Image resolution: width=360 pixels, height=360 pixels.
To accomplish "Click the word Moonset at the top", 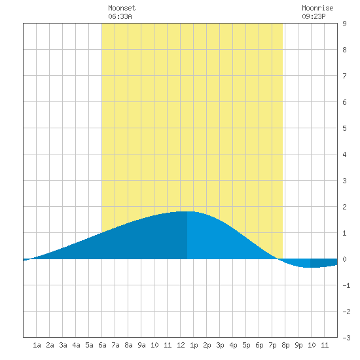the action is [122, 8].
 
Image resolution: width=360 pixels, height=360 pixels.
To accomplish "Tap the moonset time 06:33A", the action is [120, 16].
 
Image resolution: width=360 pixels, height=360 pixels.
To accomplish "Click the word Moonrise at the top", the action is [317, 8].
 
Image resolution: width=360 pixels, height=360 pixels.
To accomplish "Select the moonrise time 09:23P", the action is [314, 16].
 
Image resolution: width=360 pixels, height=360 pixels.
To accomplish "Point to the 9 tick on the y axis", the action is [344, 24].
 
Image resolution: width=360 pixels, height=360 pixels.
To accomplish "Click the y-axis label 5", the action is [344, 128].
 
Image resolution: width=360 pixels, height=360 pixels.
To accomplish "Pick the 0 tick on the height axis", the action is [344, 259].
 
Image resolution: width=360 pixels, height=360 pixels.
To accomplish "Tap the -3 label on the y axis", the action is [346, 338].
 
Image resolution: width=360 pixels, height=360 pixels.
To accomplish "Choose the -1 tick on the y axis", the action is [346, 285].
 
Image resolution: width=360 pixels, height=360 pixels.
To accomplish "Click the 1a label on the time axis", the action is [37, 345].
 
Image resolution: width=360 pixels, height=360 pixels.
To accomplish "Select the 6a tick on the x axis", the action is [102, 345].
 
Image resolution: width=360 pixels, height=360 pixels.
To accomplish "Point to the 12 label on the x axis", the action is [181, 345].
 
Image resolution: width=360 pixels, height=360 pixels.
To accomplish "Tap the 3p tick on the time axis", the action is [220, 345].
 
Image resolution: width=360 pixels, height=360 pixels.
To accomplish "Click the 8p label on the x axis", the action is [285, 345].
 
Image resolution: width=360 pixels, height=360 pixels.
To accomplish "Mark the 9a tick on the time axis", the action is [141, 345].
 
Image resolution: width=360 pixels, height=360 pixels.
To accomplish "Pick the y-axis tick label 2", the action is [344, 207].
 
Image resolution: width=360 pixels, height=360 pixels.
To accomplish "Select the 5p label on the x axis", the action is [246, 345].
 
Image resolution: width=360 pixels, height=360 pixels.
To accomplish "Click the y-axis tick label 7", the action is [344, 76].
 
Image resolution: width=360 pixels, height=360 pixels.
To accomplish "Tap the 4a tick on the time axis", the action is [76, 345].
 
